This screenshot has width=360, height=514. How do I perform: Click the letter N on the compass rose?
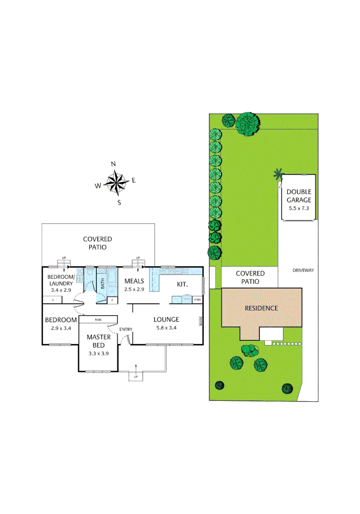tap(113, 164)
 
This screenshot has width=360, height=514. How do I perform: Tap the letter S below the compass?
tap(120, 202)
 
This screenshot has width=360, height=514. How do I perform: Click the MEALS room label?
tap(134, 281)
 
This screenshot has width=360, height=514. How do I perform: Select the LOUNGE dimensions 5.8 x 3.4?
tap(166, 328)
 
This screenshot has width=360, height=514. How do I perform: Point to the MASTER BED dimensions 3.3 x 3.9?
tap(99, 354)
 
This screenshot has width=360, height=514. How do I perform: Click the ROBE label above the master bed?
tap(98, 319)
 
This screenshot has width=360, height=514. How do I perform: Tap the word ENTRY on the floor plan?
tap(126, 329)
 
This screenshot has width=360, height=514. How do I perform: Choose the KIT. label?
tap(183, 284)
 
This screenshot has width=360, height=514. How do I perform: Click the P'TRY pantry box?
tap(197, 300)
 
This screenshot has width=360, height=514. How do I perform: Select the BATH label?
tap(102, 284)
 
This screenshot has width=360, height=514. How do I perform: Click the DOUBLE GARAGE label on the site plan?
tap(299, 196)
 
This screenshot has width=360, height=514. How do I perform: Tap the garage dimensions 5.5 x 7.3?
tap(299, 208)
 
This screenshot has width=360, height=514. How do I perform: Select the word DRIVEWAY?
tap(303, 270)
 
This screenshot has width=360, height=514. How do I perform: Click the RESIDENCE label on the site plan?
tap(261, 308)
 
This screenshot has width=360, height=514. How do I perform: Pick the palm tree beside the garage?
tap(278, 175)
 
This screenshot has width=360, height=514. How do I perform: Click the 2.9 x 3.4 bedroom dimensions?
tap(60, 328)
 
